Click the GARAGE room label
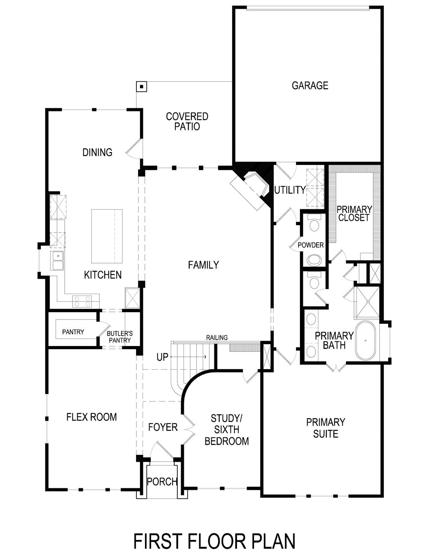[x=310, y=85]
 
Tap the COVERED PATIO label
[x=187, y=121]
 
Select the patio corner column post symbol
[x=141, y=87]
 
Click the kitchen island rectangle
[x=107, y=235]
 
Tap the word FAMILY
[x=203, y=265]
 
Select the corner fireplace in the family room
[x=250, y=189]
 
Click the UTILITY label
[x=289, y=190]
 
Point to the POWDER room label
[x=311, y=245]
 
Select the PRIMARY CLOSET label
[x=354, y=214]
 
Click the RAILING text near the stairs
[x=217, y=338]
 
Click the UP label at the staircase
[x=162, y=357]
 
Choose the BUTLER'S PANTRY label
[x=119, y=337]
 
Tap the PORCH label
[x=162, y=481]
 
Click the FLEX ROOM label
[x=91, y=417]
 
